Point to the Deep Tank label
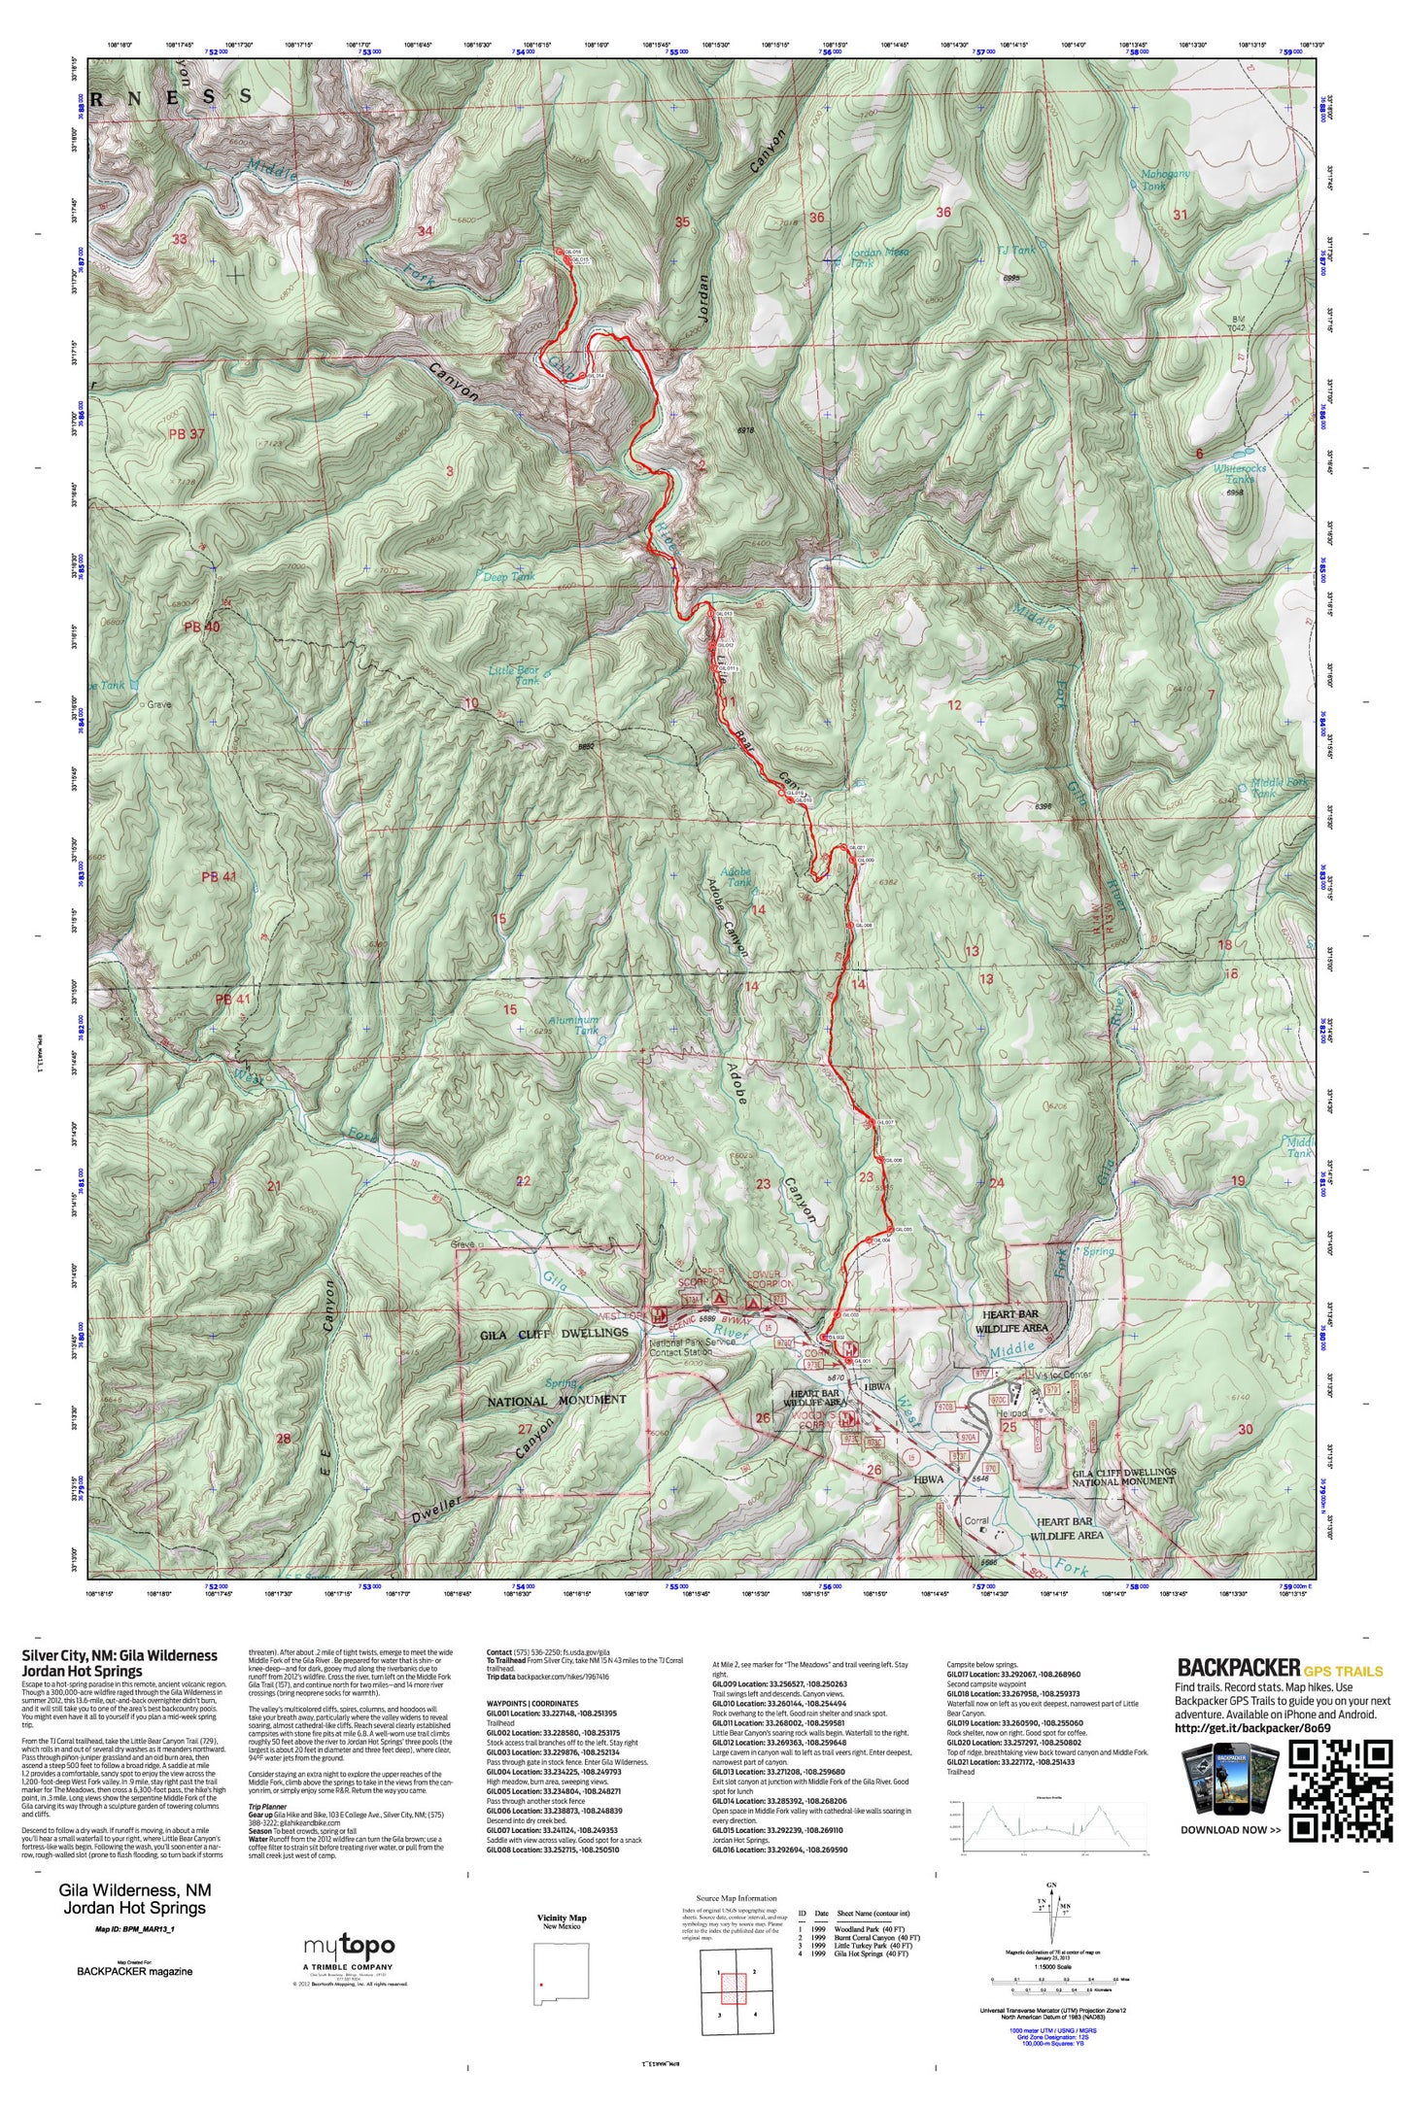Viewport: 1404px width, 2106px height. coord(509,577)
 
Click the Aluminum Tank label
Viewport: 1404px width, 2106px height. coord(586,1025)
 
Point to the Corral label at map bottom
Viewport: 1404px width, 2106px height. coord(976,1521)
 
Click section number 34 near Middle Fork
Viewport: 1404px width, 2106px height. coord(425,231)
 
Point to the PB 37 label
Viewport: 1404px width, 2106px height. coord(187,434)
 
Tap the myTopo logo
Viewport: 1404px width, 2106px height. coord(349,1946)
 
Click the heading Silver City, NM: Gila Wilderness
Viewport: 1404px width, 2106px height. coord(120,1655)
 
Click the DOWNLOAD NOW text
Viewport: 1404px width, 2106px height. coord(1230,1830)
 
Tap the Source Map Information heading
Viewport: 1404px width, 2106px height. coord(736,1898)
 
